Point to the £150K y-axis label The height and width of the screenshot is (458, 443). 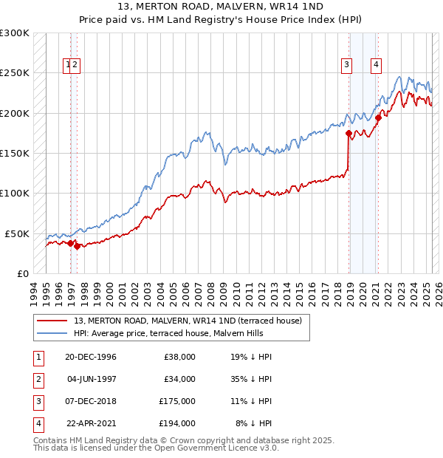point(14,154)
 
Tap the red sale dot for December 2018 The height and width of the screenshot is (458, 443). point(348,134)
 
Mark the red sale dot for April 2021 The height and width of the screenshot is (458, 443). point(378,117)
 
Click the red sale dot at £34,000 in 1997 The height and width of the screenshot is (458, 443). point(77,246)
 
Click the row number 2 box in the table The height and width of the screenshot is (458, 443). point(37,379)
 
